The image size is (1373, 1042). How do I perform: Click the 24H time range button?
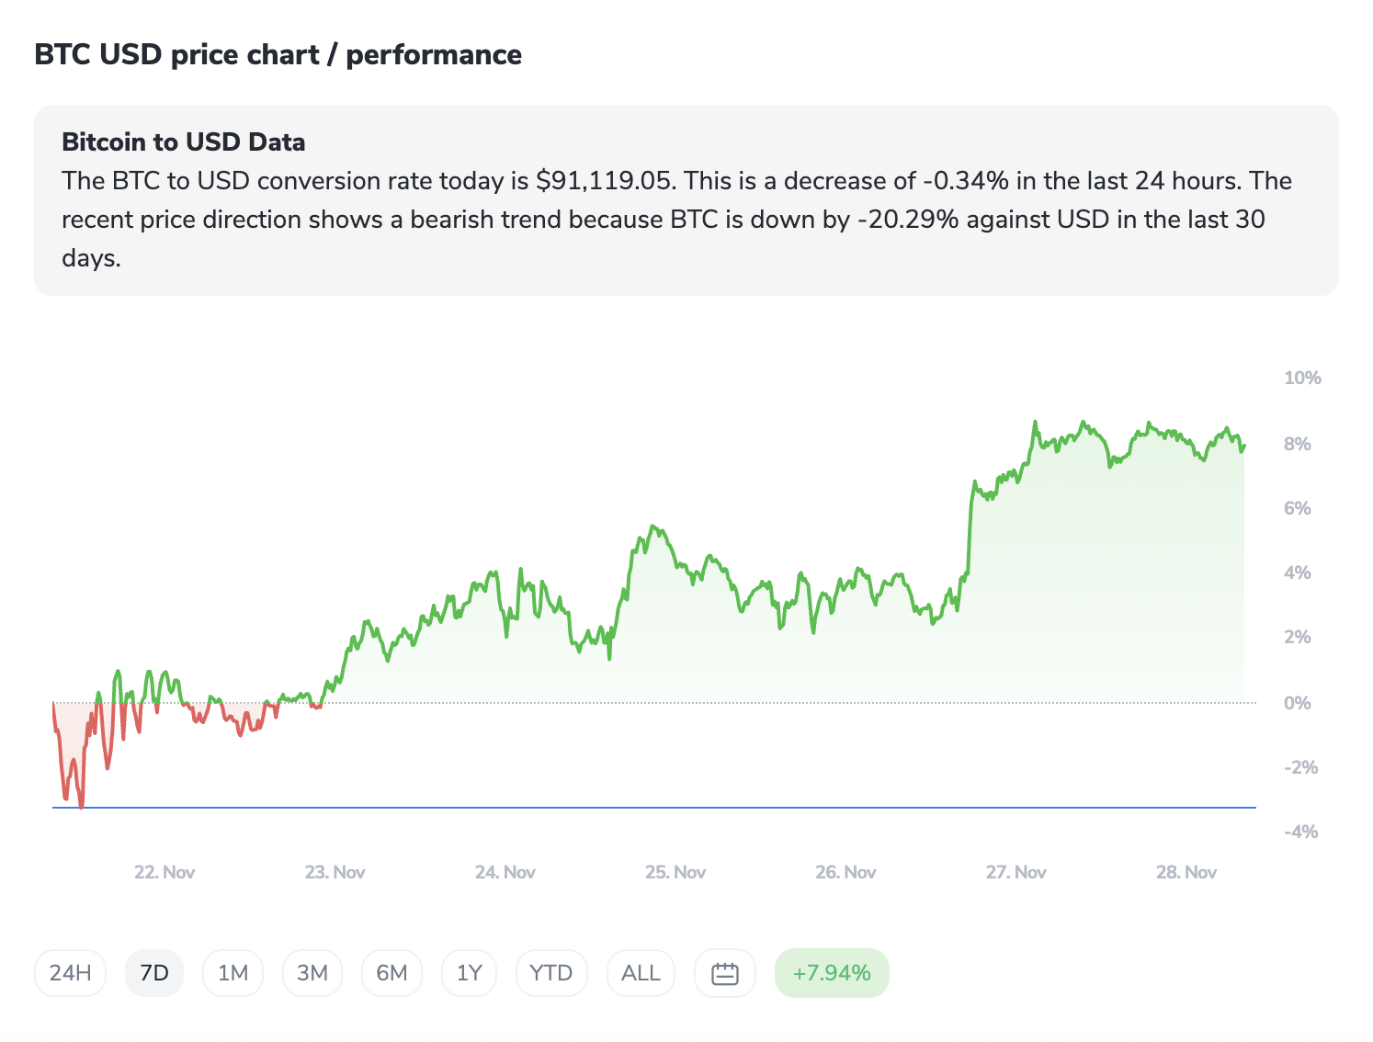tap(70, 973)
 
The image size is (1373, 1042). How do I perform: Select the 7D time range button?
tap(154, 973)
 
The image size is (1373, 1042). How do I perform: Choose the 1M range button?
tap(233, 973)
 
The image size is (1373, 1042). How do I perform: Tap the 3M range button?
tap(312, 973)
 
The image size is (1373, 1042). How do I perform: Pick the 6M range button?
tap(391, 973)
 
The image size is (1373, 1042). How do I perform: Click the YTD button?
tap(551, 973)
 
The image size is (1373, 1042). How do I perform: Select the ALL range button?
tap(641, 973)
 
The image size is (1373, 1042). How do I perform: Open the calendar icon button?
tap(725, 973)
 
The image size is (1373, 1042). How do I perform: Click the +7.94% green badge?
tap(832, 973)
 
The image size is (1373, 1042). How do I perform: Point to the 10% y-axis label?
tap(1302, 378)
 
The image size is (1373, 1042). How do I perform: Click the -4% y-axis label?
tap(1300, 832)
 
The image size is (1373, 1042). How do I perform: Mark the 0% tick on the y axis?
tap(1297, 703)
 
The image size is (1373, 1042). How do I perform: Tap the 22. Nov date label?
tap(165, 872)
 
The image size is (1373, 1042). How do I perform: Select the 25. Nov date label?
tap(675, 872)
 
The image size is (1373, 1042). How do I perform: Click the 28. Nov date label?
tap(1186, 872)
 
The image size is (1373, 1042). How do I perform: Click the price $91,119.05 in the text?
tap(605, 181)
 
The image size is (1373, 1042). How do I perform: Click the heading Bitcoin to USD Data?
tap(184, 142)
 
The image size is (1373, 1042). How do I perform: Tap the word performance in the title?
tap(434, 55)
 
